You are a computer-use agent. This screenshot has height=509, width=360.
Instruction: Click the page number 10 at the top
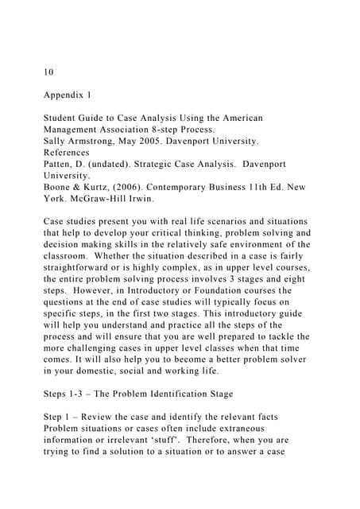tap(48, 72)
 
